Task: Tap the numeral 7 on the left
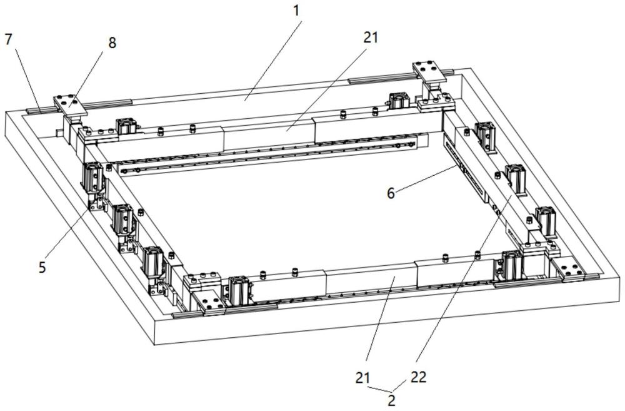(9, 39)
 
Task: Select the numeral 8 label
(112, 43)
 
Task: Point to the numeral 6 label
(391, 193)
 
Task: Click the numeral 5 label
(42, 267)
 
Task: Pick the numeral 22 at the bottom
(418, 377)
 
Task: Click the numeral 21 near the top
(370, 38)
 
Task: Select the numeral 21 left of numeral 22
(363, 377)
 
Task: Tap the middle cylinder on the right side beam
(516, 179)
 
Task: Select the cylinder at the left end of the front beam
(239, 288)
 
